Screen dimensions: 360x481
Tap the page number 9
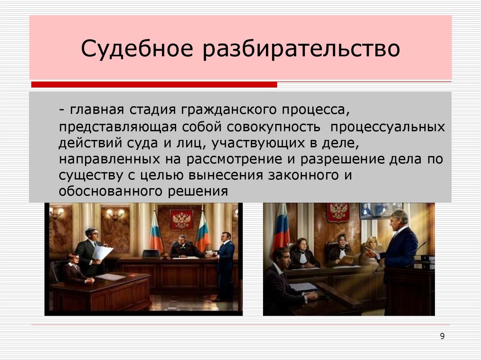pos(442,336)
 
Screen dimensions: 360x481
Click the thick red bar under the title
pos(154,85)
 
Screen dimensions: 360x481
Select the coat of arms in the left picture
pos(181,219)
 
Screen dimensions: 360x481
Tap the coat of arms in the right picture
pos(338,212)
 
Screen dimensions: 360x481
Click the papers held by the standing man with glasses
pos(102,253)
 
